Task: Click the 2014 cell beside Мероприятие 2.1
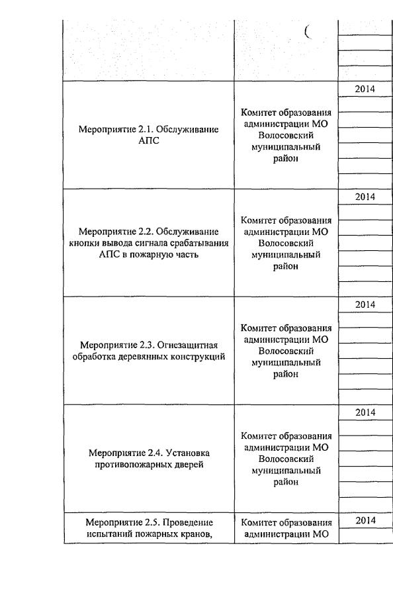pyautogui.click(x=365, y=89)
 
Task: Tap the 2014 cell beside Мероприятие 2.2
pyautogui.click(x=365, y=197)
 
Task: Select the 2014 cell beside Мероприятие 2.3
pyautogui.click(x=365, y=304)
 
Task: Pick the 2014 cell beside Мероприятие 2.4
pyautogui.click(x=365, y=412)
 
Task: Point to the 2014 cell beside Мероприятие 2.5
pyautogui.click(x=365, y=520)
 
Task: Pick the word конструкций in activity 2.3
pyautogui.click(x=199, y=357)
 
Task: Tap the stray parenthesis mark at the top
pyautogui.click(x=307, y=31)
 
